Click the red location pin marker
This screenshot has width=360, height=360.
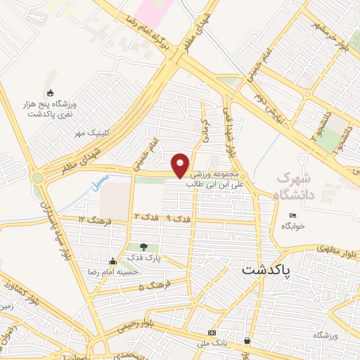tap(181, 165)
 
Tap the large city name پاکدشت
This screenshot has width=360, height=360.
tap(270, 269)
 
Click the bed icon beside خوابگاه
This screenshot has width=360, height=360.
tap(293, 215)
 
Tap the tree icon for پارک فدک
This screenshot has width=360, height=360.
tap(144, 247)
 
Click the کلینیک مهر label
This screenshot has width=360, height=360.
tap(90, 132)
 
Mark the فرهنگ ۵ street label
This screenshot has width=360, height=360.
tap(151, 287)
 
